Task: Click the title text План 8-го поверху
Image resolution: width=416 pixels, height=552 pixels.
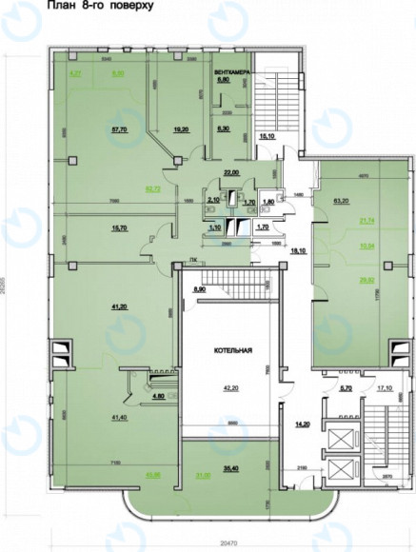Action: [x=83, y=7]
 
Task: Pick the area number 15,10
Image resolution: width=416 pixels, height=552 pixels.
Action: [x=268, y=137]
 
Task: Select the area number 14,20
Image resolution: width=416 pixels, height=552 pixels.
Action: [x=304, y=424]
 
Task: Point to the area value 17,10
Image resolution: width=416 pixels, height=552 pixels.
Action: [x=385, y=388]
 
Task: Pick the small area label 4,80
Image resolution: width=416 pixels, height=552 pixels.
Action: [x=133, y=396]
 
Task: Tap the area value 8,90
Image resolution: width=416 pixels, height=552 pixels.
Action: [x=199, y=288]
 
